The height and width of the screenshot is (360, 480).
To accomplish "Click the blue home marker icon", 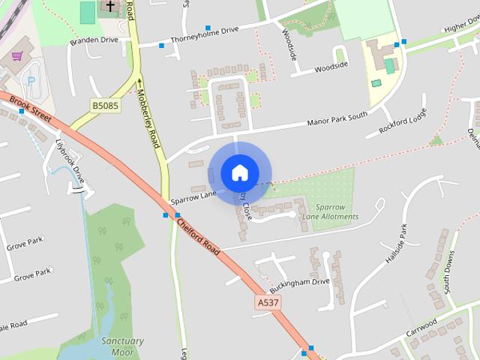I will (x=239, y=172).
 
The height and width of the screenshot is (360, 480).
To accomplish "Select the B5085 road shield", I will (x=105, y=106).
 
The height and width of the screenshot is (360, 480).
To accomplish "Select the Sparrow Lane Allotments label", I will (x=330, y=211).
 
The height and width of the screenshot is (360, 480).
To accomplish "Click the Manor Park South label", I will (x=338, y=119).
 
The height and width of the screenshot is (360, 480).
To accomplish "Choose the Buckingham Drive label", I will (x=300, y=283).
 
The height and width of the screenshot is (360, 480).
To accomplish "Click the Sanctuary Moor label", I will (x=121, y=346).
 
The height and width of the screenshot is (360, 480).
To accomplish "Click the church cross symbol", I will (x=110, y=7).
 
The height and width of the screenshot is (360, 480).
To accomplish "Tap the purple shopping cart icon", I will (x=17, y=56).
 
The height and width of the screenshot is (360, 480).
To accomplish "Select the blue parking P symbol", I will (x=31, y=81).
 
